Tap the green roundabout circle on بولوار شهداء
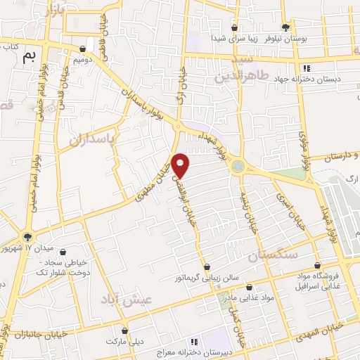point(240,166)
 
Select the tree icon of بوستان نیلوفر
point(285,26)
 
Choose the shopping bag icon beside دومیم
point(84,49)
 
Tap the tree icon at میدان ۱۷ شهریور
point(27,237)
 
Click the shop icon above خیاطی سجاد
point(63,252)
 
